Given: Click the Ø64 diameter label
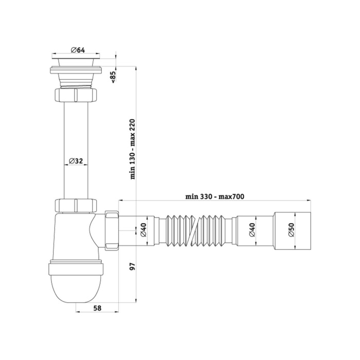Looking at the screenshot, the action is pos(78,50).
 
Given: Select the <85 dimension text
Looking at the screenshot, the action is pos(114,77).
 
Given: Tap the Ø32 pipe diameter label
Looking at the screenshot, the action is pos(76,161).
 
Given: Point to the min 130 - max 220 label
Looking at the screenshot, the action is pos(133,149).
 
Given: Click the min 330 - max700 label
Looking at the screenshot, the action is pos(214,196).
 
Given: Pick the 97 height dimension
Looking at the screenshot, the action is pos(133,266).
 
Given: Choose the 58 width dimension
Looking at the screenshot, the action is pos(97,308).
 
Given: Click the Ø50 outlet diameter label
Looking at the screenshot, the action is pos(291,230).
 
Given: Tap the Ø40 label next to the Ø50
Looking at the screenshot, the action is pos(252,229).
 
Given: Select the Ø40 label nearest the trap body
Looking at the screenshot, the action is pos(143,230).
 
